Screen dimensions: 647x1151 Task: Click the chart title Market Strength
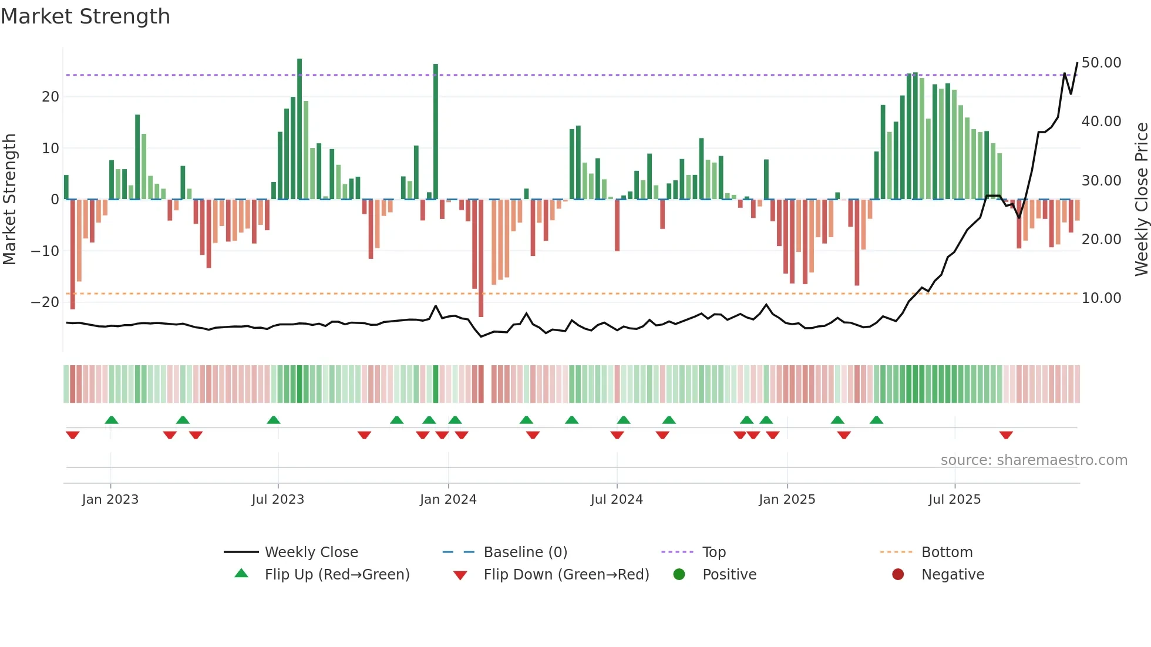(86, 16)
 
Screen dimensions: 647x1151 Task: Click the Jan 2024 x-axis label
(448, 500)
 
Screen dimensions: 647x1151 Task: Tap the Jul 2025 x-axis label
(954, 500)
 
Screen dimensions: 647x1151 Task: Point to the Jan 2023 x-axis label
(110, 500)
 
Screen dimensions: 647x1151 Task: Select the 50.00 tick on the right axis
(1101, 63)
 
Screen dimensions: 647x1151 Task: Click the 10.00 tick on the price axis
(1101, 298)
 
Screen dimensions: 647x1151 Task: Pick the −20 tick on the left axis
(45, 302)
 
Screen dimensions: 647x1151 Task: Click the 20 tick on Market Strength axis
(51, 97)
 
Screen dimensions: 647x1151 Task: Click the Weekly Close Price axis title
(1141, 200)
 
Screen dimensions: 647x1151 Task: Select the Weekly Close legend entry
(311, 552)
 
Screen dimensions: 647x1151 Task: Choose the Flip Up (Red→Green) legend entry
(336, 575)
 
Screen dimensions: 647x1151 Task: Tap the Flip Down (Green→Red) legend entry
(566, 575)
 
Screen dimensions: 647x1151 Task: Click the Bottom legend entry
(947, 552)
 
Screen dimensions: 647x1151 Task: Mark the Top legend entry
(714, 552)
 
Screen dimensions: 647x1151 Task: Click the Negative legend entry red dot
(898, 575)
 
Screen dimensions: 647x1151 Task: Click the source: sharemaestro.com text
(1034, 460)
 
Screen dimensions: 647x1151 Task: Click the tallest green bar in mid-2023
(299, 129)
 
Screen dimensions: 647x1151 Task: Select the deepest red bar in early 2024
(481, 258)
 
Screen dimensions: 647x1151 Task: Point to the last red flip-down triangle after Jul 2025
(1006, 435)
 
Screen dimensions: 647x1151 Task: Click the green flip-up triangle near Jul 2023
(274, 420)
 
